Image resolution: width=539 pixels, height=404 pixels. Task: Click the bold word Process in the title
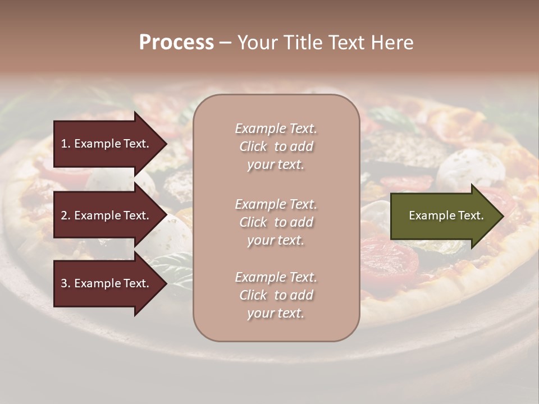(176, 43)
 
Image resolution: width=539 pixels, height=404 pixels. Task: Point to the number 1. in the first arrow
(66, 144)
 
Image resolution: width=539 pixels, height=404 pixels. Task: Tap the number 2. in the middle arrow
(66, 215)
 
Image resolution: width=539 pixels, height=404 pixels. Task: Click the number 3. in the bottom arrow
(66, 283)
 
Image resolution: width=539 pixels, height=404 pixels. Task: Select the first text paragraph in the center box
(276, 146)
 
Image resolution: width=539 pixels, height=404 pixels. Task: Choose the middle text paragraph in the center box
(276, 222)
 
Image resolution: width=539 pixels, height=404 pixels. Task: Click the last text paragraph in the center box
(276, 295)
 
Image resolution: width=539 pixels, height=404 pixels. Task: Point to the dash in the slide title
(225, 43)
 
